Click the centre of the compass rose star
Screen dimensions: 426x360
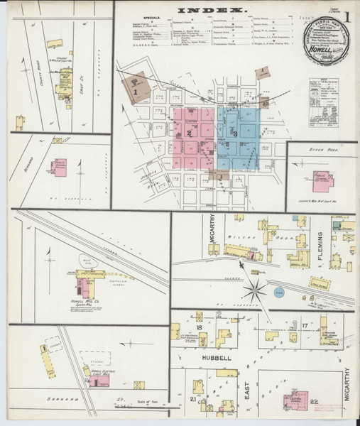[x=255, y=290]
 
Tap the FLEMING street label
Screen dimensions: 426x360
[x=320, y=245]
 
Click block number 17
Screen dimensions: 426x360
[x=304, y=327]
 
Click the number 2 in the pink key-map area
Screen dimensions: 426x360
[x=189, y=133]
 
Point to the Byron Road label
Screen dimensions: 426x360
[x=325, y=151]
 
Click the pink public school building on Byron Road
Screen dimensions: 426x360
[x=323, y=180]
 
